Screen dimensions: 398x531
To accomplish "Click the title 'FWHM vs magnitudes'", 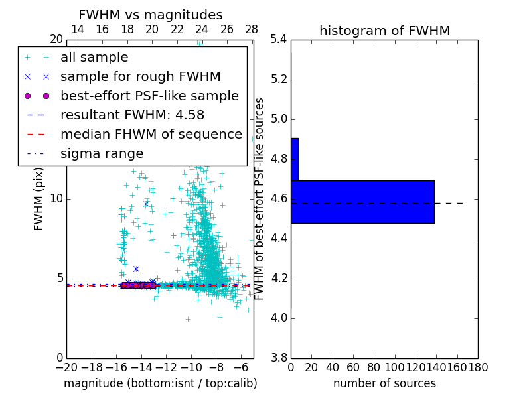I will pos(151,15).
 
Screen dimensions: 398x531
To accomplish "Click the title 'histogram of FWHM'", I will pos(384,31).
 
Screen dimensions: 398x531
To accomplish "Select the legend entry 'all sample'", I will pos(94,58).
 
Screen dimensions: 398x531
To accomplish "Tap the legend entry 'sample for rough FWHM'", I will pos(140,77).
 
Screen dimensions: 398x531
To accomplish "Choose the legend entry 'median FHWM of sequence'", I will pos(151,135).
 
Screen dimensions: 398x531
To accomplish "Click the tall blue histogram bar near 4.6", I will pos(362,202).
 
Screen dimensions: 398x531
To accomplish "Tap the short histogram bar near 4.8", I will pos(294,159).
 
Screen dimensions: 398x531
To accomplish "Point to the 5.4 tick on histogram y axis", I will pos(278,40).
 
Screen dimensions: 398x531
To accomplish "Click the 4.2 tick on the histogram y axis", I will pos(278,278).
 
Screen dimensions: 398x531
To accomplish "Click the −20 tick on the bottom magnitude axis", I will pos(66,367).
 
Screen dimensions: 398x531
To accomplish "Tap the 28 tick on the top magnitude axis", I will pos(252,29).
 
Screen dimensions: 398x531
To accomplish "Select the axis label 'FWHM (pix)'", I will pos(39,199).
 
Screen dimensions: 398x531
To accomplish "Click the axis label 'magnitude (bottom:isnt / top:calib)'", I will pos(160,383).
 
